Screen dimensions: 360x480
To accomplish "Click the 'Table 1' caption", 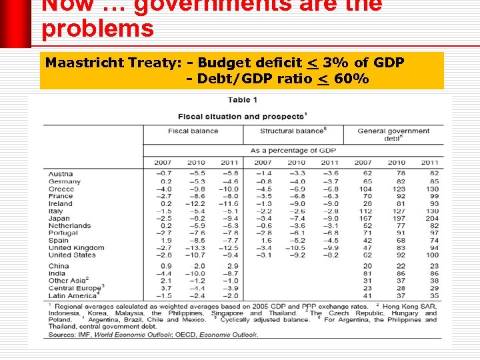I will (243, 100).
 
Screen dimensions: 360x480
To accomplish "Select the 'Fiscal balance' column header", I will (193, 131).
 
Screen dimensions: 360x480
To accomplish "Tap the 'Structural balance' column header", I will (293, 131).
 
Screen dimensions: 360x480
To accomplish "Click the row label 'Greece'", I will (61, 189).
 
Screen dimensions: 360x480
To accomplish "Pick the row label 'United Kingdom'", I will (76, 248).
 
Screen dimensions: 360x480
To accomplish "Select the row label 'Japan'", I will (59, 219).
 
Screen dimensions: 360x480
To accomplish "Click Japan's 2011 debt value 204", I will (431, 219).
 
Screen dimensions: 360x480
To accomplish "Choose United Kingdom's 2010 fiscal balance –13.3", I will (195, 248).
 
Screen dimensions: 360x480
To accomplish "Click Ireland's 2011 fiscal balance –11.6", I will (229, 204).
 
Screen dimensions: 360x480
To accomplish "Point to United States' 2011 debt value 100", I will (431, 255).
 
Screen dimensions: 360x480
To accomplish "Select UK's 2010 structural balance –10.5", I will (295, 248).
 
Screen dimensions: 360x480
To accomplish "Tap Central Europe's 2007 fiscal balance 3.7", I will (165, 288).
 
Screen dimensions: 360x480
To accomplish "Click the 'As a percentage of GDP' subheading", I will (293, 151).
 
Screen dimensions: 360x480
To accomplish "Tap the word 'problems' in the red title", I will (97, 29).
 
